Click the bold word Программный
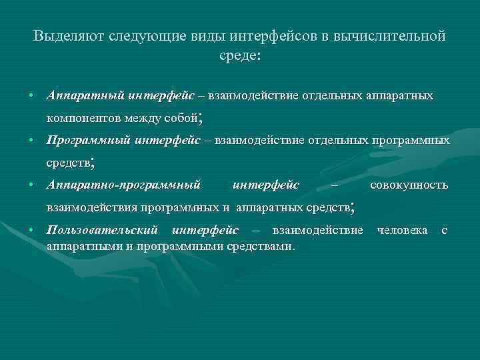89,141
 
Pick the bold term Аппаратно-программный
123,185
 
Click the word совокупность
409,185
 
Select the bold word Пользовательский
102,231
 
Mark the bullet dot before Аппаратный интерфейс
31,97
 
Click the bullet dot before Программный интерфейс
31,141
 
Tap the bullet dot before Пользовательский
31,231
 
